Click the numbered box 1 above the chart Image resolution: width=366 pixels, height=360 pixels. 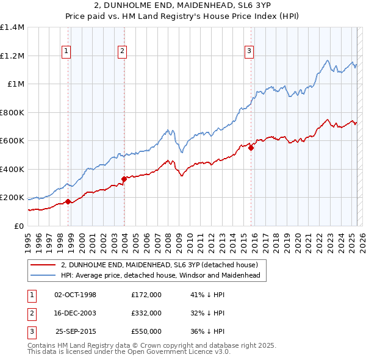pyautogui.click(x=66, y=51)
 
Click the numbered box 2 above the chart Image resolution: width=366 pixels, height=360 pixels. pyautogui.click(x=123, y=51)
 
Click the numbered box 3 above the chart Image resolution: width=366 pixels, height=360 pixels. pyautogui.click(x=249, y=51)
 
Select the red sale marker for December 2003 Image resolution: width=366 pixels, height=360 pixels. pyautogui.click(x=124, y=179)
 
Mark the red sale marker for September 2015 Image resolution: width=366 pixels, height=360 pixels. pyautogui.click(x=251, y=148)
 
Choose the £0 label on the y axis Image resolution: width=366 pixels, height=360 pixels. pyautogui.click(x=18, y=226)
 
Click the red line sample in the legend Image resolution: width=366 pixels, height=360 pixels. pyautogui.click(x=43, y=265)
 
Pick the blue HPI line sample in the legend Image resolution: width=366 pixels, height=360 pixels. pyautogui.click(x=43, y=276)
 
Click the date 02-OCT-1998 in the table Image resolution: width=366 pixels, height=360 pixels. pyautogui.click(x=75, y=295)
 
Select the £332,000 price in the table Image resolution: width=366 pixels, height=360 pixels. pyautogui.click(x=146, y=313)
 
